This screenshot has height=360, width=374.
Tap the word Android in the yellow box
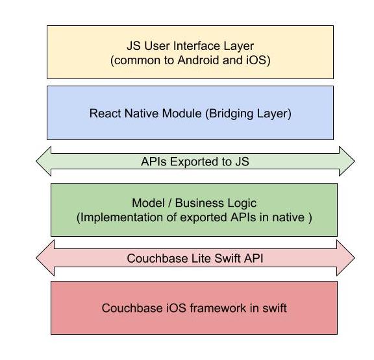[x=198, y=60]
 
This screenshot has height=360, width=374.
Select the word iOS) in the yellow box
[x=258, y=60]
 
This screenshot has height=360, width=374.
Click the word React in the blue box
[x=105, y=113]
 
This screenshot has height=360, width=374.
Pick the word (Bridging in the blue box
[x=229, y=114]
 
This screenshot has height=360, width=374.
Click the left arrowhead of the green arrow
[x=44, y=162]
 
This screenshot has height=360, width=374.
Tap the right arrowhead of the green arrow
[x=347, y=162]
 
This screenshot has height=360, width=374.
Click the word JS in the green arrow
[x=242, y=162]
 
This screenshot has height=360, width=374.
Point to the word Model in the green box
[x=148, y=203]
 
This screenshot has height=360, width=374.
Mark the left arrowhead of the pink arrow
[x=45, y=258]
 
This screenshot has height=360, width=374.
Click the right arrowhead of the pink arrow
[x=345, y=258]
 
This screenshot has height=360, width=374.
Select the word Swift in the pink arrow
[x=228, y=258]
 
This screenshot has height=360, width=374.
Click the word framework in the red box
[x=218, y=308]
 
